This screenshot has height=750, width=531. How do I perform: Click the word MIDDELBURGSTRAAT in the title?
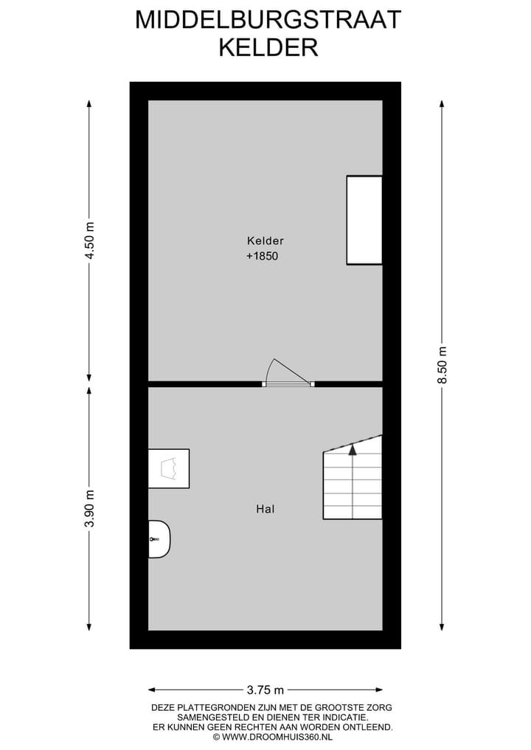[x=268, y=20]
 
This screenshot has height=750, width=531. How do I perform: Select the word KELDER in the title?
[x=268, y=47]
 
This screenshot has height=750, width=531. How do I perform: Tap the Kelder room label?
[x=265, y=240]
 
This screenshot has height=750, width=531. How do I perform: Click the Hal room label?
[x=265, y=508]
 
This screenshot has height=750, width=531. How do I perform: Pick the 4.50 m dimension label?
[x=90, y=240]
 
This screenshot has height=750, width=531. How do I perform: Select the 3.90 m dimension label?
[x=90, y=509]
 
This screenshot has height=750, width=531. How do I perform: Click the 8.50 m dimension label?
[x=442, y=365]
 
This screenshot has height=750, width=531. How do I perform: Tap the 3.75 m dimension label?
[x=265, y=690]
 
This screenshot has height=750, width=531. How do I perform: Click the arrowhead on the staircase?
[x=353, y=447]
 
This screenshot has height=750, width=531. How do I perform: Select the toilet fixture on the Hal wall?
[x=159, y=539]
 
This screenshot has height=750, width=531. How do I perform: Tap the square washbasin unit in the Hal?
[x=169, y=468]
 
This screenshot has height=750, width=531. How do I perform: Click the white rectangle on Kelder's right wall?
[x=364, y=220]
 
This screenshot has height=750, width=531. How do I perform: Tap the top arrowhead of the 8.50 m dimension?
[x=442, y=103]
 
